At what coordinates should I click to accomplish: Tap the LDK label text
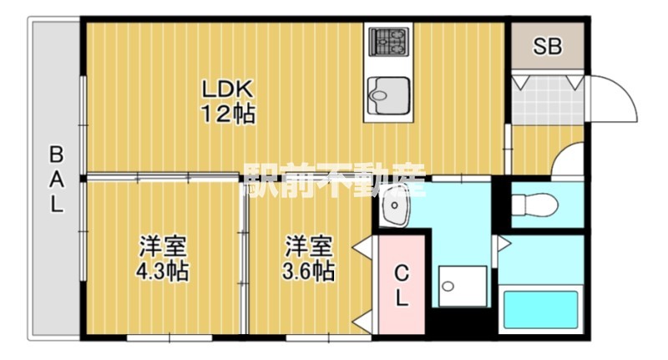click(x=225, y=88)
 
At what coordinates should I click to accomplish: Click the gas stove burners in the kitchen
click(x=387, y=40)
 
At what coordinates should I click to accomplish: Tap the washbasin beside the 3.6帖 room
click(x=395, y=209)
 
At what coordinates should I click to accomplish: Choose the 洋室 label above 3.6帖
click(x=309, y=247)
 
